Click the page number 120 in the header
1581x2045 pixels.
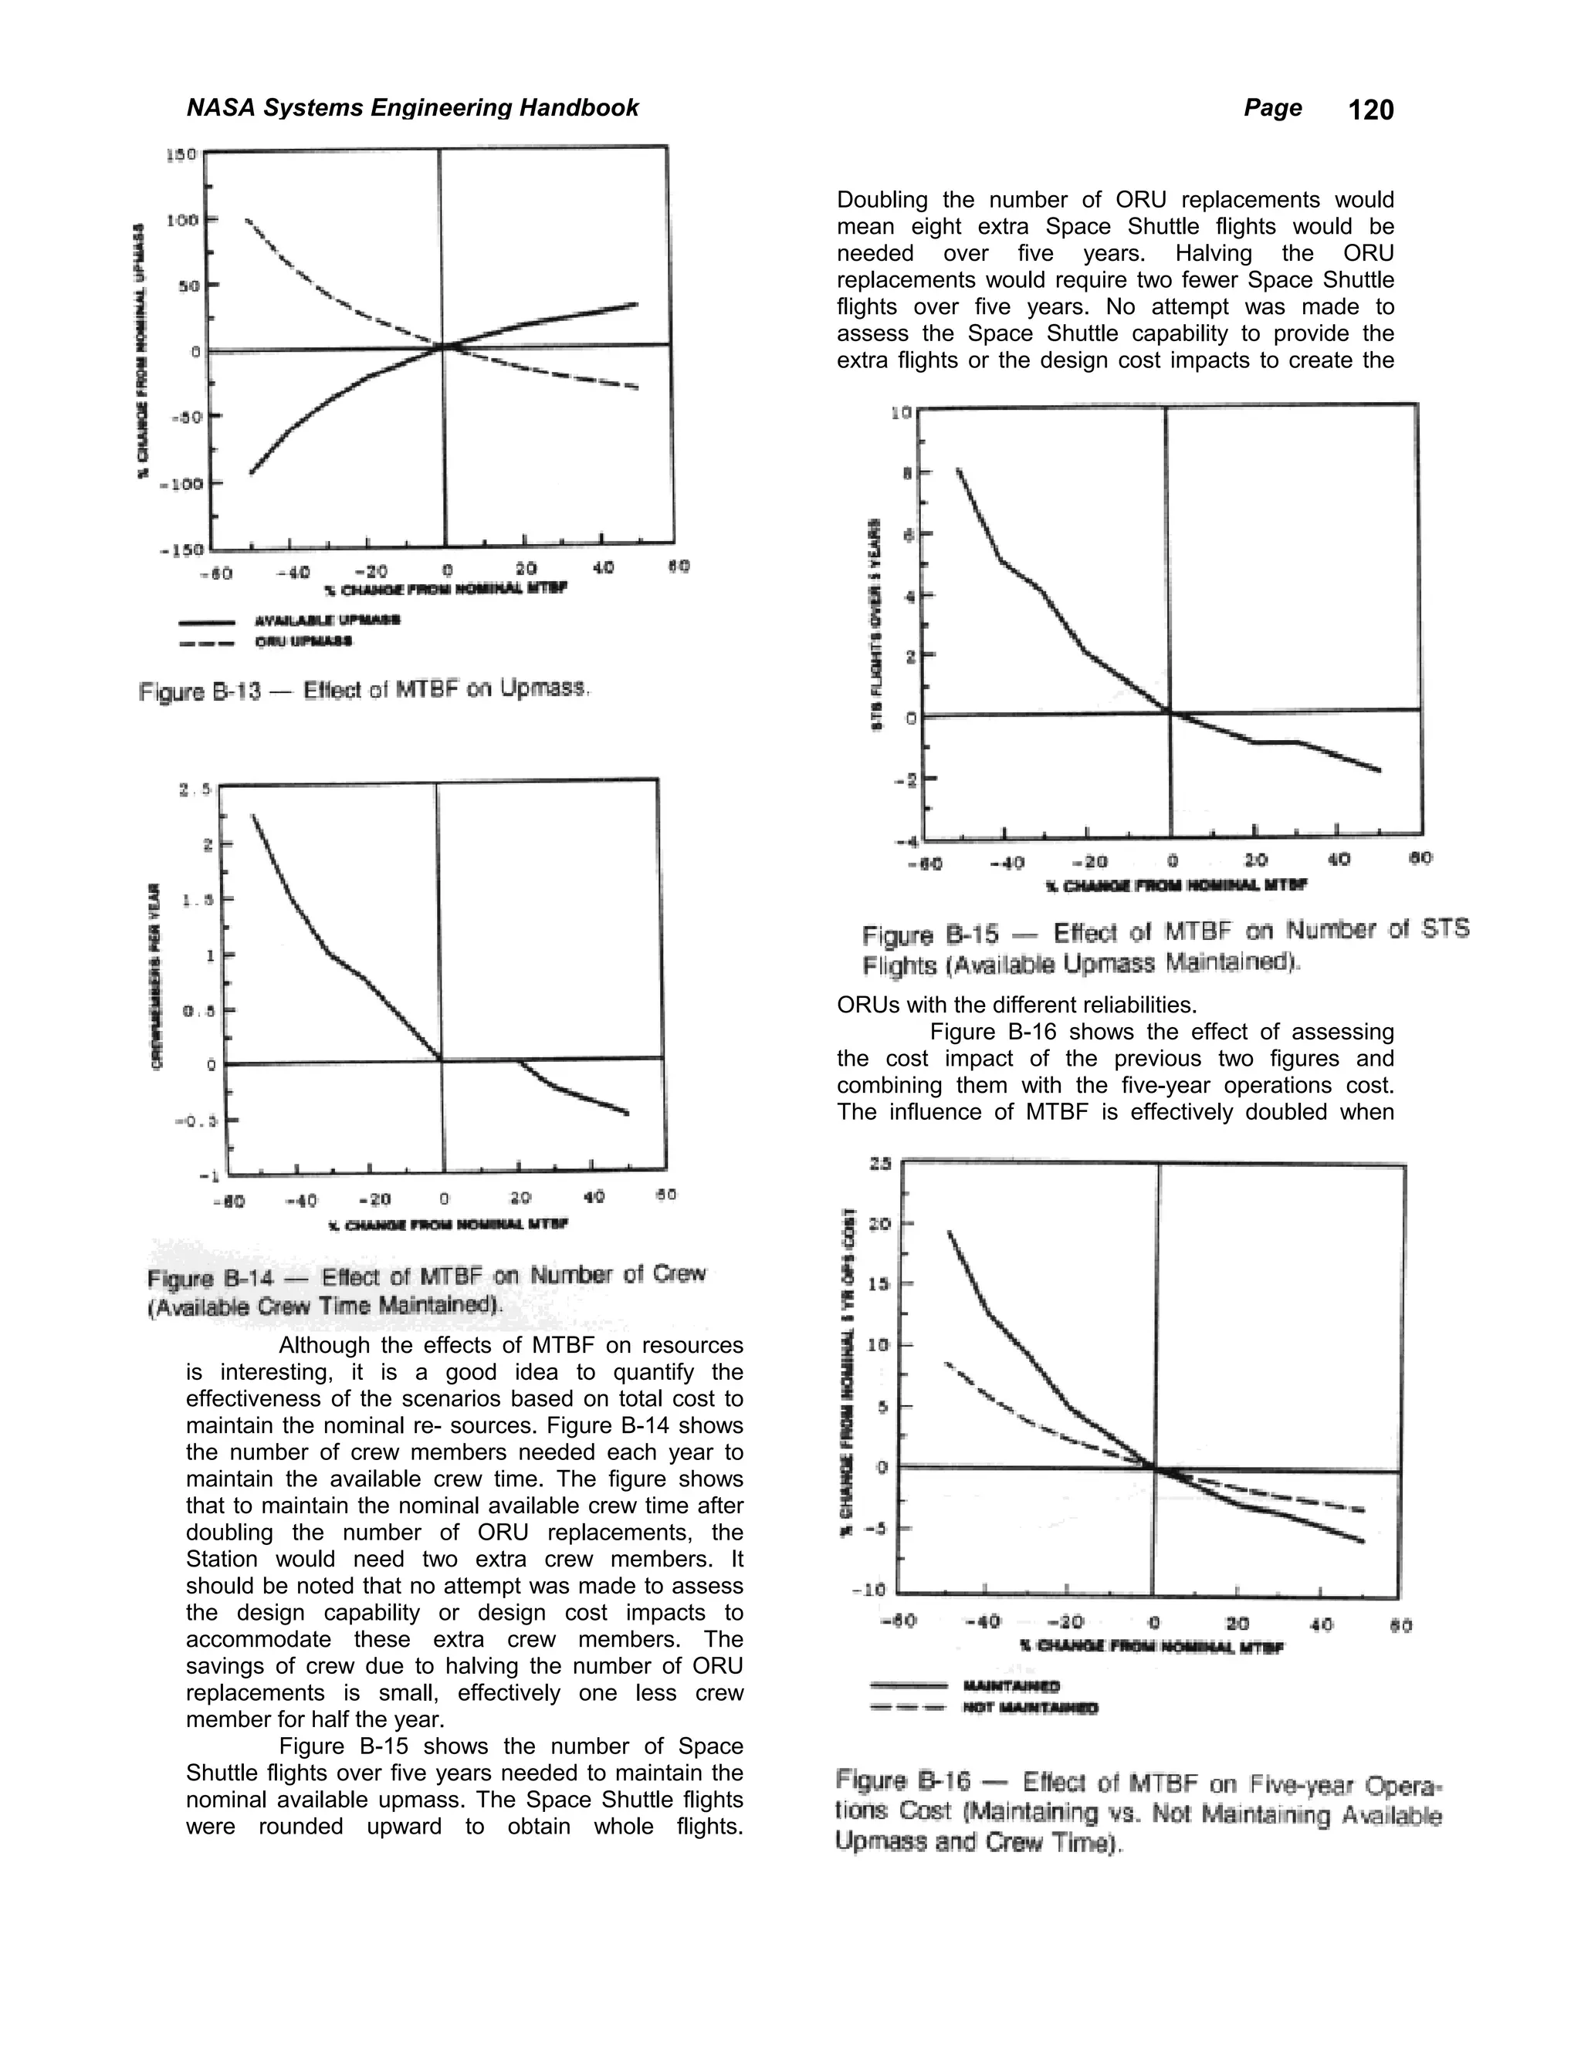click(x=1370, y=110)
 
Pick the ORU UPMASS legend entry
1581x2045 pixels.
click(x=303, y=641)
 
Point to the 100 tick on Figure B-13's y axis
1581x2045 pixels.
click(x=181, y=220)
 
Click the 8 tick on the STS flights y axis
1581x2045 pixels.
click(x=906, y=474)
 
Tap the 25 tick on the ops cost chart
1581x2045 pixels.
click(x=880, y=1164)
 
